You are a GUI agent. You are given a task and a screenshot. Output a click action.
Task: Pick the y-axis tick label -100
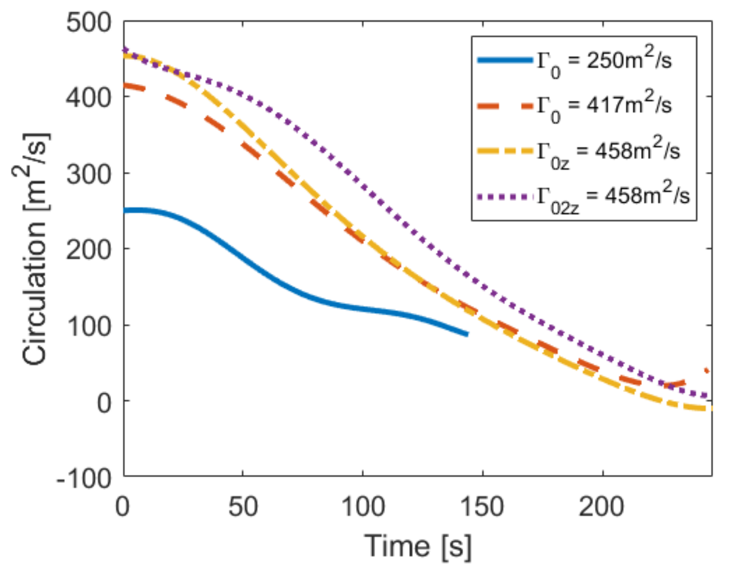pyautogui.click(x=84, y=478)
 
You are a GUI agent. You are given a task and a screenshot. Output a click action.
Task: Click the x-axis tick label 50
pyautogui.click(x=243, y=507)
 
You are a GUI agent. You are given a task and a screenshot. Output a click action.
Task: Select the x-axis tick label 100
pyautogui.click(x=363, y=507)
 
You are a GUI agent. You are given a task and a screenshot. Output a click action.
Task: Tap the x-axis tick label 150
pyautogui.click(x=482, y=507)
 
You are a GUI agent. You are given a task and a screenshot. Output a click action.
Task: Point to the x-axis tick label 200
pyautogui.click(x=602, y=507)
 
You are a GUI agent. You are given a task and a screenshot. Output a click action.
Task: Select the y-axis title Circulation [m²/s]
pyautogui.click(x=35, y=249)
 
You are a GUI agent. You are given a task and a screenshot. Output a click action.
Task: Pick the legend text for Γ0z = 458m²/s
pyautogui.click(x=608, y=152)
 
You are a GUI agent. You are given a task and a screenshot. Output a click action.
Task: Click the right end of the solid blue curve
pyautogui.click(x=467, y=334)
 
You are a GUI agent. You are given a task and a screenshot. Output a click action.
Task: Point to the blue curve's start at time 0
pyautogui.click(x=125, y=211)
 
